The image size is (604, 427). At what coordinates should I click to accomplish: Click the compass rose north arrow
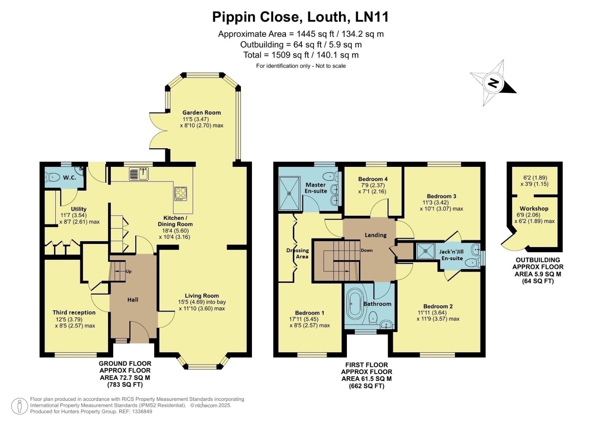[x=493, y=83]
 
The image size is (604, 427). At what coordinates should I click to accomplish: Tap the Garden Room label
[x=202, y=112]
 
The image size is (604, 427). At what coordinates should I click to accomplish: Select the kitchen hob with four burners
[x=181, y=194]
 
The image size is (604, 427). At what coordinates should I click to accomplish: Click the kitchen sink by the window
[x=139, y=174]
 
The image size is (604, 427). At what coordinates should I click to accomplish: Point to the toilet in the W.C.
[x=53, y=177]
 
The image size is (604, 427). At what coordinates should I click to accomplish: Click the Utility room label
[x=79, y=209]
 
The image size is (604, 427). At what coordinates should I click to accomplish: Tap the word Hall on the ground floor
[x=133, y=300]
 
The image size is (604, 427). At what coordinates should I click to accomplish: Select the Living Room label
[x=202, y=295]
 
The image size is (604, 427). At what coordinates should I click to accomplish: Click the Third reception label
[x=74, y=312]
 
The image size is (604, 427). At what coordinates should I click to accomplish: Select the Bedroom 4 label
[x=373, y=179]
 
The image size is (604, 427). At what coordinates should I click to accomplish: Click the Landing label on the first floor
[x=375, y=235]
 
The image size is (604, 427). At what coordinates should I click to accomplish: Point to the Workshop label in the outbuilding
[x=534, y=208]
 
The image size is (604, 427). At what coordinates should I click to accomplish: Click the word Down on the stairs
[x=366, y=250]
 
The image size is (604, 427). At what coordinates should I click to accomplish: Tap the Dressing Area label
[x=297, y=253]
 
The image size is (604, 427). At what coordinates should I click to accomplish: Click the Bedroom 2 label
[x=438, y=306]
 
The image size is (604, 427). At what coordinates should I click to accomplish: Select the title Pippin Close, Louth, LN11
[x=301, y=17]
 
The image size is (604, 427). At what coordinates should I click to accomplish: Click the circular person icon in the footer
[x=19, y=406]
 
